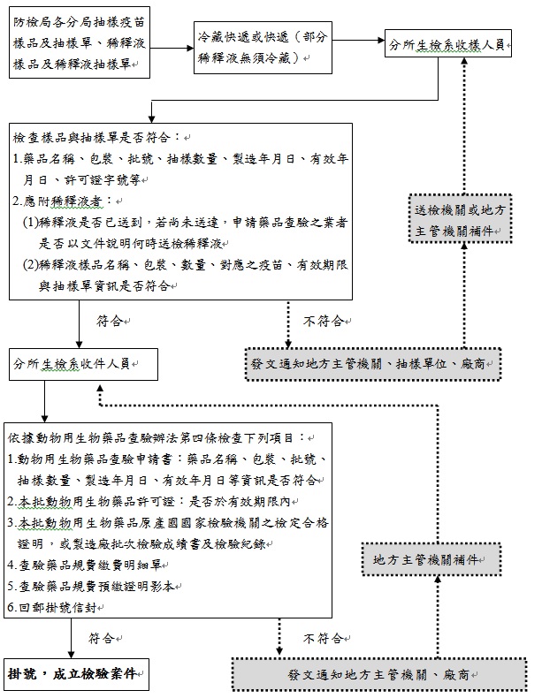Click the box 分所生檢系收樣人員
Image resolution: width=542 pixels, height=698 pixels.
click(x=448, y=43)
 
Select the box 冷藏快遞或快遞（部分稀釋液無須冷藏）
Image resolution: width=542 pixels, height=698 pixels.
click(x=263, y=47)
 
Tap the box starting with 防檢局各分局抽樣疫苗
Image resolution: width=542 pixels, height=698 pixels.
click(x=80, y=42)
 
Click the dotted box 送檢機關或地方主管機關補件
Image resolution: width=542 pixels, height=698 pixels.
click(x=460, y=218)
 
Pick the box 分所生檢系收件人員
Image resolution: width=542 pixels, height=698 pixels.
click(x=83, y=364)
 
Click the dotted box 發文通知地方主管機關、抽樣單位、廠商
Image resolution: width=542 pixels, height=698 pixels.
click(x=373, y=364)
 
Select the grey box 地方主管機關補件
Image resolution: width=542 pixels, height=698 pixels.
click(x=431, y=559)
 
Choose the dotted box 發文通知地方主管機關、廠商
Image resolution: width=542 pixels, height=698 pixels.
click(x=379, y=675)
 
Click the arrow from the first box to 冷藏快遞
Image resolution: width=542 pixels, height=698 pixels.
click(x=172, y=48)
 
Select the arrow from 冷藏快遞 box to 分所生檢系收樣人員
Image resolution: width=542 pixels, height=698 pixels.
click(x=358, y=40)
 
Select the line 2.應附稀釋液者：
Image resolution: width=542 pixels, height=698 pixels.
click(x=63, y=201)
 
